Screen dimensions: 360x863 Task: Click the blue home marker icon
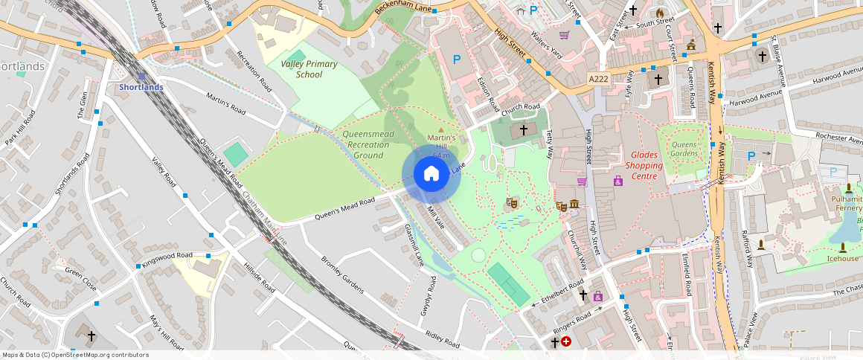click(x=431, y=174)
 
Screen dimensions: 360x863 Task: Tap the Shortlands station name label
click(x=141, y=87)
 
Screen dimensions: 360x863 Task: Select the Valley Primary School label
click(x=309, y=69)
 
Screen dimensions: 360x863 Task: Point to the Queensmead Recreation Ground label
click(x=368, y=145)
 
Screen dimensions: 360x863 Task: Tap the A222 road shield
click(x=598, y=79)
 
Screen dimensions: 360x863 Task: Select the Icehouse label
click(x=842, y=259)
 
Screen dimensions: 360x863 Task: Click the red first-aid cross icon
click(x=567, y=341)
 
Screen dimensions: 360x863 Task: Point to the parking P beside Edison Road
click(x=457, y=60)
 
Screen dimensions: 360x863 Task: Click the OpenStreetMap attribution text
click(x=75, y=355)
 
